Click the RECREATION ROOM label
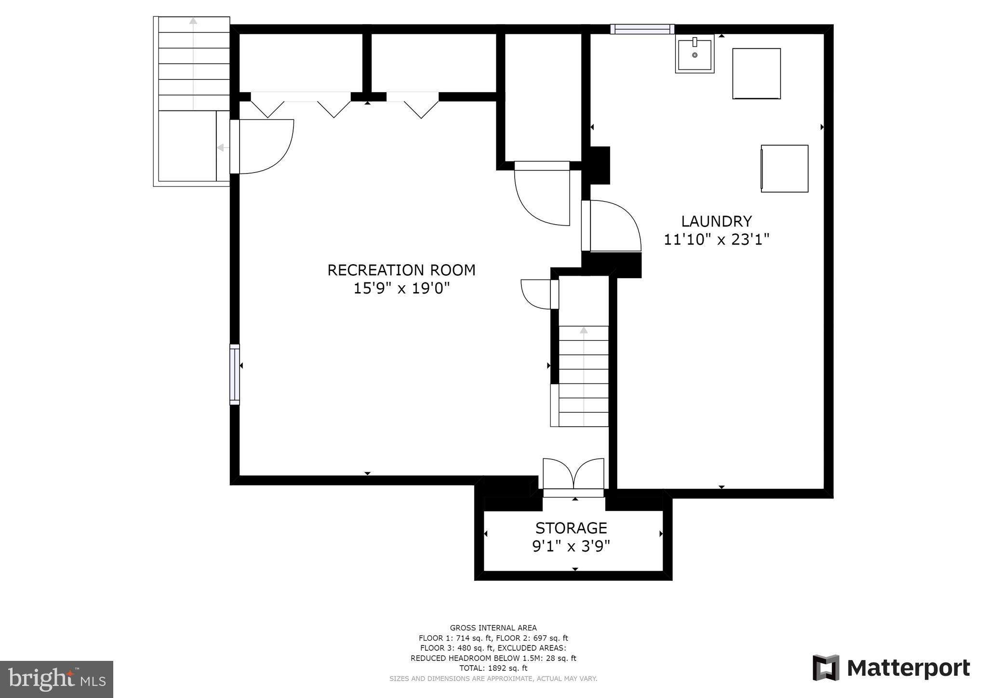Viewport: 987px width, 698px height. [401, 270]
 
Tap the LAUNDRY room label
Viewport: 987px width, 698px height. [716, 221]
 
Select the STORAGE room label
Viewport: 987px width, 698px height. [571, 528]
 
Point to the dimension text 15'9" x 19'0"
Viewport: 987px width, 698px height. [401, 288]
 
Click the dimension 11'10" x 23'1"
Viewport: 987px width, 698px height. [716, 240]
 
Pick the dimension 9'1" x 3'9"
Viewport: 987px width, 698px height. [571, 547]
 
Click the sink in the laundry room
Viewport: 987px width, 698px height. [694, 54]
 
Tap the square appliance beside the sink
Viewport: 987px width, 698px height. [756, 74]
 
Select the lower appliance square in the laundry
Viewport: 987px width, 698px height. [784, 169]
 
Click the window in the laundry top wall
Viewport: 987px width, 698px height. [642, 29]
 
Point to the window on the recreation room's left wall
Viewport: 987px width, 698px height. [235, 375]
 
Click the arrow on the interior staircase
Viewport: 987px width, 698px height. [584, 331]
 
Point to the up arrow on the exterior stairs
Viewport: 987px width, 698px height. [193, 21]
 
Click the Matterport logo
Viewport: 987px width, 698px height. [891, 668]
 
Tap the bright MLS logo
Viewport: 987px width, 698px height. [57, 679]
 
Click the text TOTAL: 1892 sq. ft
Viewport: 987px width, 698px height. [493, 668]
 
